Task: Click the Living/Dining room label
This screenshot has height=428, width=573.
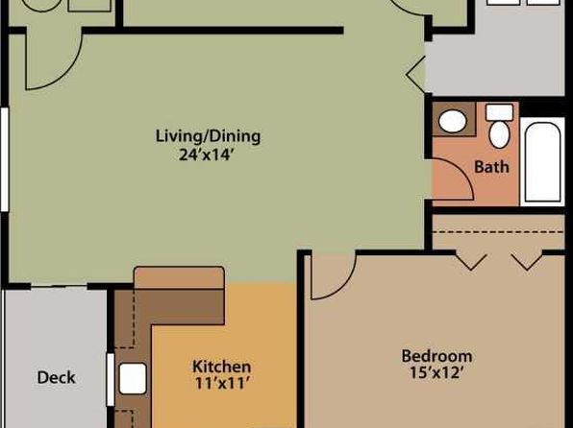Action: coord(208,136)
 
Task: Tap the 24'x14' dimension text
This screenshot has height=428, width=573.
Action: coord(206,155)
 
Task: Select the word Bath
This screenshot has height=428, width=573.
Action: coord(491,167)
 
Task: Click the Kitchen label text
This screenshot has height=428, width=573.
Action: coord(221,367)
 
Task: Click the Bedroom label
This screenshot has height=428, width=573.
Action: coord(436,356)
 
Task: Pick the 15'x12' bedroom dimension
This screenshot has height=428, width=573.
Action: coord(436,372)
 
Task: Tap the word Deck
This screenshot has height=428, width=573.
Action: coord(57,377)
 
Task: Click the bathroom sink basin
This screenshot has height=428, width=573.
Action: coord(453,121)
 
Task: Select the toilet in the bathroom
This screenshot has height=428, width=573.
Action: coord(499,134)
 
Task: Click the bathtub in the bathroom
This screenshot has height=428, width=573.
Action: coord(542,161)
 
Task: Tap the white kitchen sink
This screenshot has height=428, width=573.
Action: coord(133,378)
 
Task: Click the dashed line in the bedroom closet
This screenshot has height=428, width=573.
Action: coord(498,231)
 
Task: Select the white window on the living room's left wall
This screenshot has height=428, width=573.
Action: coord(5,159)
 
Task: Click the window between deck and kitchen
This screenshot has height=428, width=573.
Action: coord(110,379)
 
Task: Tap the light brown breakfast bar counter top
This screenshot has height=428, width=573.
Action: coord(179,277)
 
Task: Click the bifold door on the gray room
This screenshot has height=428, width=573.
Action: coord(416,75)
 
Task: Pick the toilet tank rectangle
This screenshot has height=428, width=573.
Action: coord(500,112)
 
